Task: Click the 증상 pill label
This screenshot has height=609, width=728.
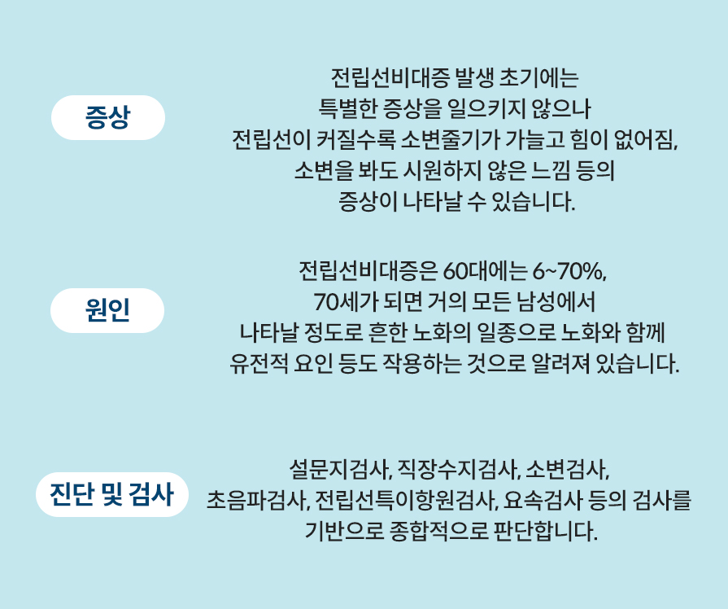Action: point(107,118)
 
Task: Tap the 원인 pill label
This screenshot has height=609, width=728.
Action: point(107,311)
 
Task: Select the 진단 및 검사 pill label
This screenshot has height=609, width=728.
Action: point(112,494)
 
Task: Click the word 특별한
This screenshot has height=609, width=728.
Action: point(345,108)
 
